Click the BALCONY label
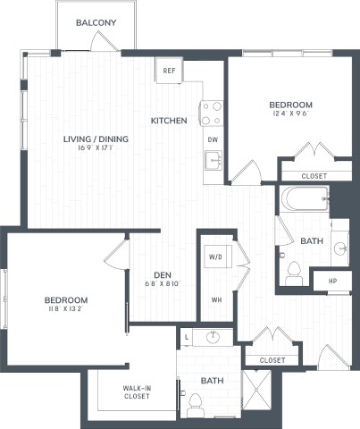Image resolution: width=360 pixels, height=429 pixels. [x=93, y=21]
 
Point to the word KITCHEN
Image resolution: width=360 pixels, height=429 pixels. [x=168, y=120]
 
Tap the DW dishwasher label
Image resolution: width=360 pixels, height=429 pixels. [x=212, y=139]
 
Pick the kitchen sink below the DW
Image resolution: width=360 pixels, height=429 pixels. [x=212, y=161]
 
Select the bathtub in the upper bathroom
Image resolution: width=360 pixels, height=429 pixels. [x=304, y=198]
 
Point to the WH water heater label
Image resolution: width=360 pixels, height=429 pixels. [x=215, y=299]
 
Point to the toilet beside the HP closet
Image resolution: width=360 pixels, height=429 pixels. [x=294, y=272]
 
